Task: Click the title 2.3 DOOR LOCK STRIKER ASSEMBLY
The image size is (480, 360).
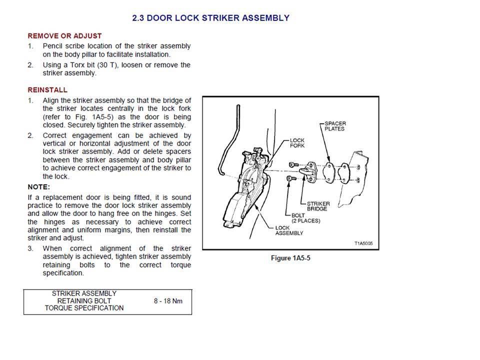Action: pos(210,18)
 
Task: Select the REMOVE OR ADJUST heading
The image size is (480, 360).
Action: pos(64,36)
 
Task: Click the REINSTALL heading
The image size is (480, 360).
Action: pos(47,90)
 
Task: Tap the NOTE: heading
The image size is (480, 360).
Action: pos(38,187)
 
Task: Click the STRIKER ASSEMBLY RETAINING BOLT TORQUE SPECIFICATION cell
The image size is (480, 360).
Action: pos(84,301)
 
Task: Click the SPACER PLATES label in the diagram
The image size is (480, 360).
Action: pos(335,126)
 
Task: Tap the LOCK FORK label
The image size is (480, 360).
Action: pos(297,143)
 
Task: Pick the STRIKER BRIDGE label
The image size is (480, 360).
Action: pos(318,206)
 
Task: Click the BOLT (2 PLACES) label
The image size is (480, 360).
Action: pos(305,218)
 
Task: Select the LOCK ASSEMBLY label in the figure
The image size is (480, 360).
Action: pos(289,230)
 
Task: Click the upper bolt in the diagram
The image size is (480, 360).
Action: pos(292,164)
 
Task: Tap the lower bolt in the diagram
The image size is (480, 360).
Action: pos(290,178)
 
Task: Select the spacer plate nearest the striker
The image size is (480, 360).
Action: pos(328,171)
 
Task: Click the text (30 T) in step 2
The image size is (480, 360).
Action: pos(115,65)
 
